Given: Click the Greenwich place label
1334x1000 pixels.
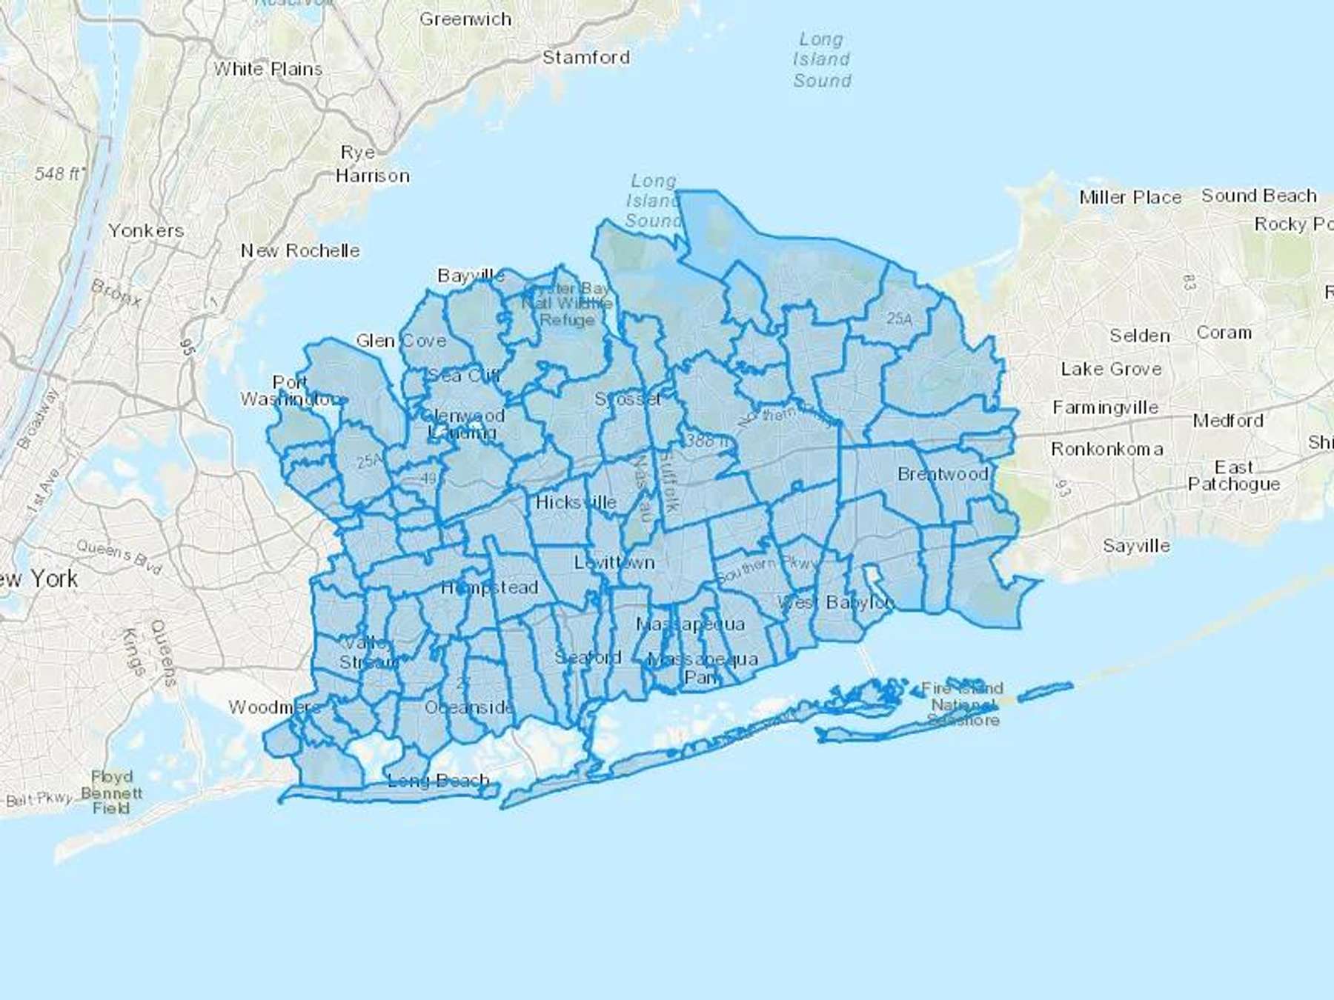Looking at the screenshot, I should pyautogui.click(x=465, y=19).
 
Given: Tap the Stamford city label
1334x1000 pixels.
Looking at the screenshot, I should pyautogui.click(x=585, y=58).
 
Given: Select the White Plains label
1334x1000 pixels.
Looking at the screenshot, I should pyautogui.click(x=268, y=70).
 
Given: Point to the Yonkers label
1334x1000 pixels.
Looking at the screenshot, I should pyautogui.click(x=146, y=231).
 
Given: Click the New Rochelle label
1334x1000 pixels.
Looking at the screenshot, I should pyautogui.click(x=300, y=251).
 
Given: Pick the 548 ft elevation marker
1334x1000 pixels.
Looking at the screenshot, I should pyautogui.click(x=59, y=174).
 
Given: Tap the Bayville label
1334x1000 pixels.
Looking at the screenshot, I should pyautogui.click(x=471, y=276).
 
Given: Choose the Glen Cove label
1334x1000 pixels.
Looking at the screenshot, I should pyautogui.click(x=401, y=341).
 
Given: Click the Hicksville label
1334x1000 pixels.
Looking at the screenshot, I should pyautogui.click(x=576, y=502).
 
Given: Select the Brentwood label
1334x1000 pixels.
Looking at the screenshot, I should pyautogui.click(x=943, y=474).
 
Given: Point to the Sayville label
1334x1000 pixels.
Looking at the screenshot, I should pyautogui.click(x=1136, y=546).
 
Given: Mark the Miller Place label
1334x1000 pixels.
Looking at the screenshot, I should pyautogui.click(x=1130, y=198).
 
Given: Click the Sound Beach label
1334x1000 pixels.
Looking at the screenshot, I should pyautogui.click(x=1259, y=196).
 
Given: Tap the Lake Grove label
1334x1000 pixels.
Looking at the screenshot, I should pyautogui.click(x=1111, y=369).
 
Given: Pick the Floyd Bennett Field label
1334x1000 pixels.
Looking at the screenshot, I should pyautogui.click(x=111, y=793).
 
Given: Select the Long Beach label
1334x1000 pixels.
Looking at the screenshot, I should pyautogui.click(x=438, y=781).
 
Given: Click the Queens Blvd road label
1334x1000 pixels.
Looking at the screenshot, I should pyautogui.click(x=119, y=556).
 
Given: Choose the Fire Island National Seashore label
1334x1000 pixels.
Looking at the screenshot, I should pyautogui.click(x=962, y=704).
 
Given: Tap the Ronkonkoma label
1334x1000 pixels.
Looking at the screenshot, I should pyautogui.click(x=1107, y=450).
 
